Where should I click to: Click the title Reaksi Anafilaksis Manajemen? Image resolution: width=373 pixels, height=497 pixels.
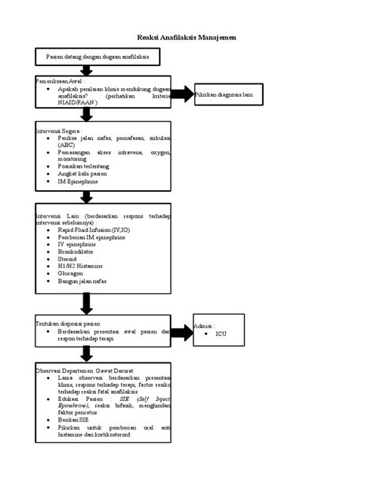(x=186, y=37)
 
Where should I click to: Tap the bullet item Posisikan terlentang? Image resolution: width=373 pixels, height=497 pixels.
(x=84, y=167)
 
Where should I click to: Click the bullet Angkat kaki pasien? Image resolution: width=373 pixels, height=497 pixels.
(x=83, y=174)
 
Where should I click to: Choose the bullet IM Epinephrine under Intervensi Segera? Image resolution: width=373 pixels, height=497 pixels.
(x=78, y=182)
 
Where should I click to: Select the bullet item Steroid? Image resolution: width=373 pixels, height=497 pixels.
(x=69, y=259)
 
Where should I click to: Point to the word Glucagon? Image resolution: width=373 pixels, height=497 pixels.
(x=72, y=274)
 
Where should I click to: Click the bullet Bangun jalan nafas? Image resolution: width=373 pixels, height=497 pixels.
(x=83, y=281)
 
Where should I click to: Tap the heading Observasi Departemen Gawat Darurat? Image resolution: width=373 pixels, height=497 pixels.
(x=84, y=370)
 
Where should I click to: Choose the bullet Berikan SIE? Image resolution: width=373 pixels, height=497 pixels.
(x=74, y=421)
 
